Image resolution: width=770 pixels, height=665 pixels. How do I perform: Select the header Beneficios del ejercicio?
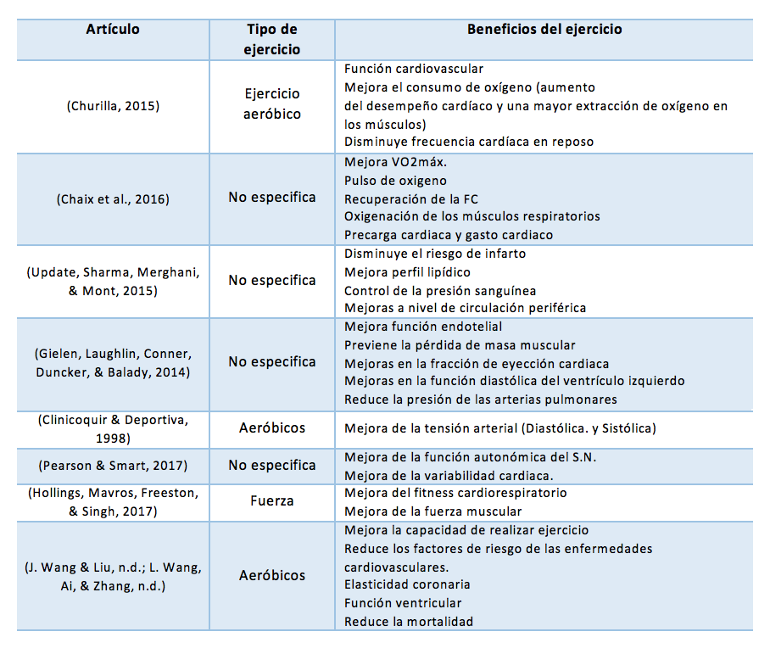544,30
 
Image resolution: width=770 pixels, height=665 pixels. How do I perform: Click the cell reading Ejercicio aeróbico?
272,104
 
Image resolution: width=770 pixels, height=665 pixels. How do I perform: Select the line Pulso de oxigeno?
395,180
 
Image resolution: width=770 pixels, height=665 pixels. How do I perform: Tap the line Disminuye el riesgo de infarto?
435,254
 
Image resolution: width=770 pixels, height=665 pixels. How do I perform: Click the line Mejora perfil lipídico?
407,272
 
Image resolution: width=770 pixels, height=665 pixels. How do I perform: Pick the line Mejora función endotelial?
423,326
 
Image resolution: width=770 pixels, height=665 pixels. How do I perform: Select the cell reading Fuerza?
272,501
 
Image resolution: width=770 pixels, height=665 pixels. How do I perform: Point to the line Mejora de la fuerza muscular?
433,511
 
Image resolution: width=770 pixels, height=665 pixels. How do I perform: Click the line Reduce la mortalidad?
409,622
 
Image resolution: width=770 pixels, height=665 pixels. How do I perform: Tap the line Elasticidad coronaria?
407,584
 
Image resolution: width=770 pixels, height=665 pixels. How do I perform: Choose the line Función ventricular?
403,603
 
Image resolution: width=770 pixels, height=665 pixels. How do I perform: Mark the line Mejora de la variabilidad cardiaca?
449,475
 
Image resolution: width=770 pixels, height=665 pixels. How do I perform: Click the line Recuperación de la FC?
411,198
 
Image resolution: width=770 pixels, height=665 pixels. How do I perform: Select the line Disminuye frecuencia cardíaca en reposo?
469,142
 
